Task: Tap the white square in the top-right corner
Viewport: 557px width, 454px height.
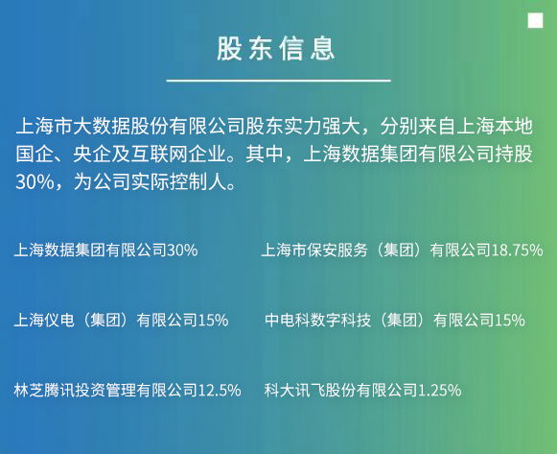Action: pyautogui.click(x=535, y=21)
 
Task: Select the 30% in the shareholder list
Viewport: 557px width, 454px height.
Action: pyautogui.click(x=182, y=251)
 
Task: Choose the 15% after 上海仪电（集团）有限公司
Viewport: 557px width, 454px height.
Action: pyautogui.click(x=213, y=321)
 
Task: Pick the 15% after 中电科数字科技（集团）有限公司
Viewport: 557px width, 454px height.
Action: pyautogui.click(x=510, y=321)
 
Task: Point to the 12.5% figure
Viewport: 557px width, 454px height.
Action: pyautogui.click(x=220, y=391)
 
